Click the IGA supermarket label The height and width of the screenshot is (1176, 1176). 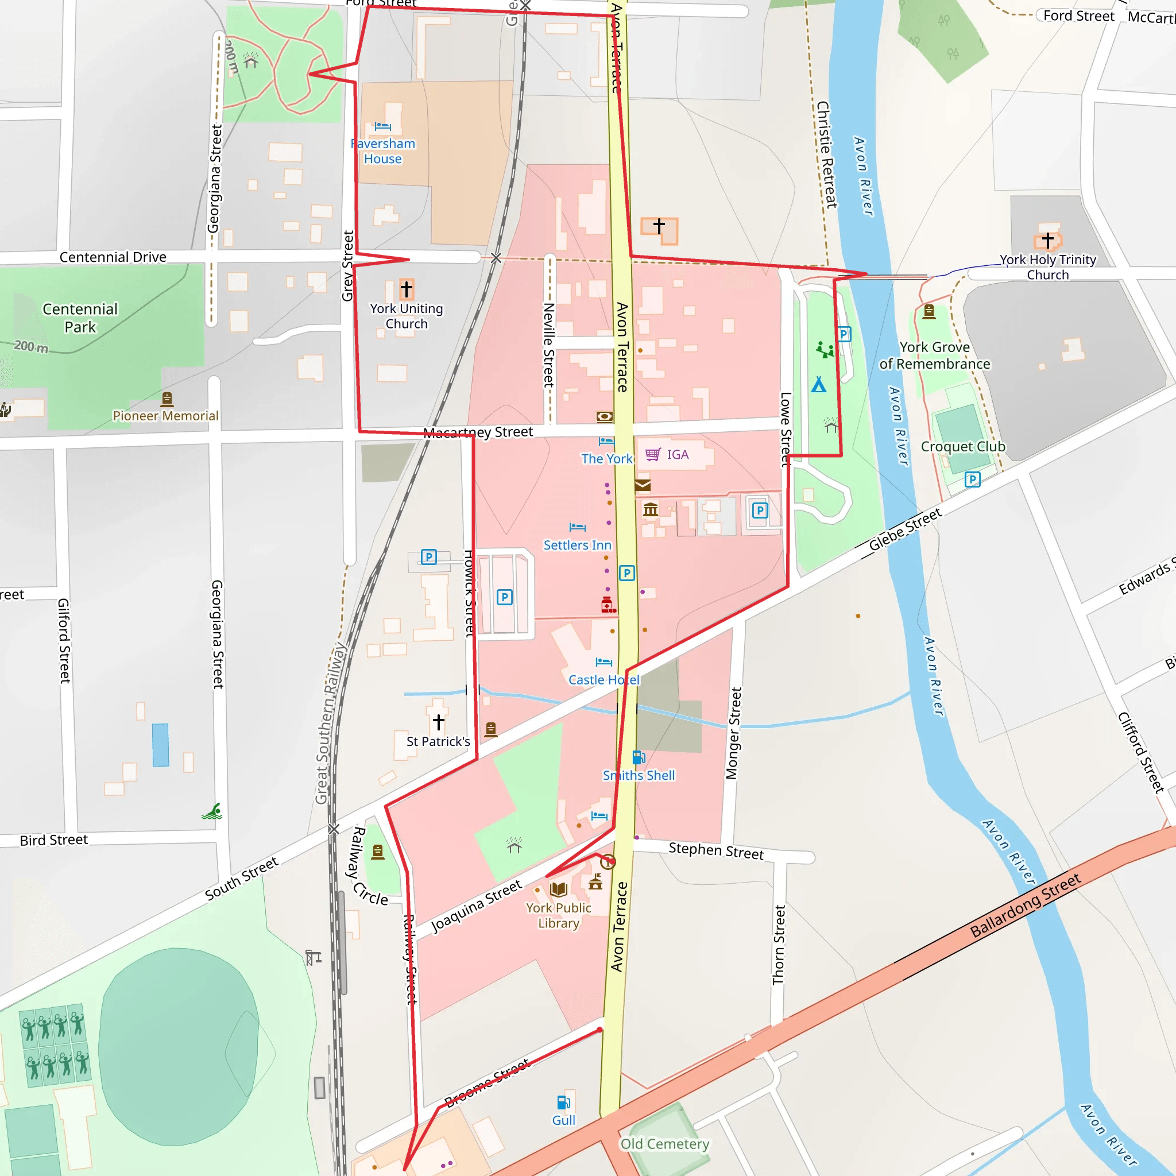coord(677,455)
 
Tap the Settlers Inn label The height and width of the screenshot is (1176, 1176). coord(577,545)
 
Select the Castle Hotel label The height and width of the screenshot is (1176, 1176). coord(604,680)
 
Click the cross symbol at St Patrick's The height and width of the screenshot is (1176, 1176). coord(438,722)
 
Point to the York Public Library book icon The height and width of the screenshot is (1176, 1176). coord(558,889)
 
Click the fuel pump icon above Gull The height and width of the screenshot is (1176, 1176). coord(563,1102)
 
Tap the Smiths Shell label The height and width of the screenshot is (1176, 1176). coord(639,775)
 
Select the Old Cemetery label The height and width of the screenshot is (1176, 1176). coord(664,1144)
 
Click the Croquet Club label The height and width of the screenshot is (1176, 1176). coord(962,446)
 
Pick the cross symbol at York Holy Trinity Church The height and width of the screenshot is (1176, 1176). coord(1047,240)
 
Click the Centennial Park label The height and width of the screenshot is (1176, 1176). coord(80,318)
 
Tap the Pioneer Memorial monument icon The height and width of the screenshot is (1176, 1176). coord(167,399)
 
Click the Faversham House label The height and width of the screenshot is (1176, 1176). coord(383,151)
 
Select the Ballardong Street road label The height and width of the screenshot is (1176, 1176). coord(1025,905)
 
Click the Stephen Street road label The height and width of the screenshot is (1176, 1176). coord(716,850)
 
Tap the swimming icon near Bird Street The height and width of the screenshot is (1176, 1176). coord(212,811)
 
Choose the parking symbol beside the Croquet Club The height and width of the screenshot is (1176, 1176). coord(972,479)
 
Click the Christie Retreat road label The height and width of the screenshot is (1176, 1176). coord(827,154)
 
